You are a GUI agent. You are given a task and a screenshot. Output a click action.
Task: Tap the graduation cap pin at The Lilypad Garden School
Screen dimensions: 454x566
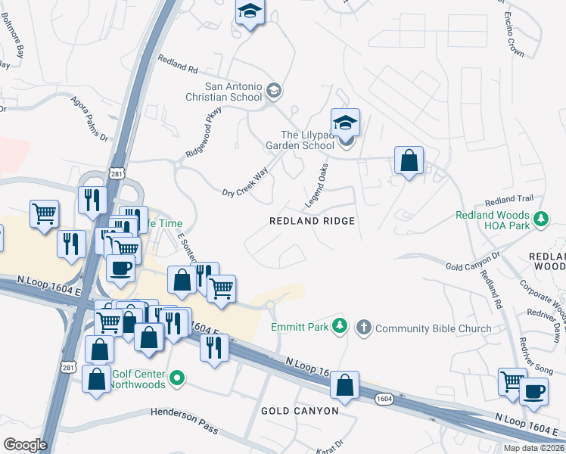coord(345,124)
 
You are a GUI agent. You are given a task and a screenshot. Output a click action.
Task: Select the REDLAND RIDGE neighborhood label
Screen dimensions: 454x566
coord(313,220)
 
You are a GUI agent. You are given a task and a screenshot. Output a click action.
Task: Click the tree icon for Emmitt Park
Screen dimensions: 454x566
coord(341,325)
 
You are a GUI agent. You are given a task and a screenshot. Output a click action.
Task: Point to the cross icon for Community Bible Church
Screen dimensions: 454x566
coord(363,328)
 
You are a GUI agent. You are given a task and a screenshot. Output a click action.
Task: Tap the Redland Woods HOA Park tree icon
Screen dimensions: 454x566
coord(540,219)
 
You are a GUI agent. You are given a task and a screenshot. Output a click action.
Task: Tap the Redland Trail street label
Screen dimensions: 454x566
coord(509,200)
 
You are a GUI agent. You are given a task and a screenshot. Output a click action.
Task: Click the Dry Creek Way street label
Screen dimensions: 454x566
coord(244,183)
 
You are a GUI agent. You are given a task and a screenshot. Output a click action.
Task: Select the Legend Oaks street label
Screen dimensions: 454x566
coord(317,186)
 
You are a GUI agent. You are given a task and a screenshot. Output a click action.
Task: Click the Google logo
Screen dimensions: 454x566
coord(25,445)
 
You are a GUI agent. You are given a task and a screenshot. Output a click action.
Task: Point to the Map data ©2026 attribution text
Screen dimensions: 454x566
coord(533,448)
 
